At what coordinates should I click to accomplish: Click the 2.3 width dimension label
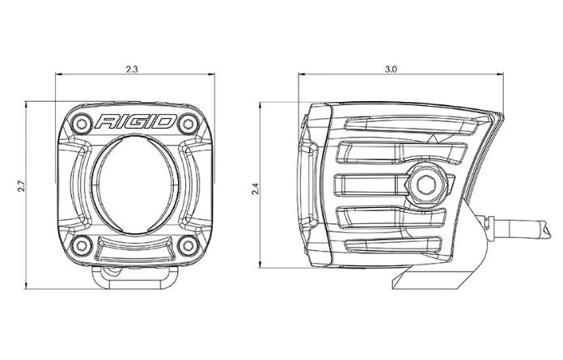tap(133, 69)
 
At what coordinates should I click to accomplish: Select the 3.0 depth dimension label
tap(391, 69)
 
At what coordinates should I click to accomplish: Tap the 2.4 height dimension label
tap(255, 190)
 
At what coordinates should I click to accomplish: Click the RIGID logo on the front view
tap(135, 122)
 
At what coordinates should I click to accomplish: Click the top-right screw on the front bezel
tap(189, 123)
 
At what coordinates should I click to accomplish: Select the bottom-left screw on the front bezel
tap(79, 244)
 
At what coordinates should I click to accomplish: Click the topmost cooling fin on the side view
tap(404, 124)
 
